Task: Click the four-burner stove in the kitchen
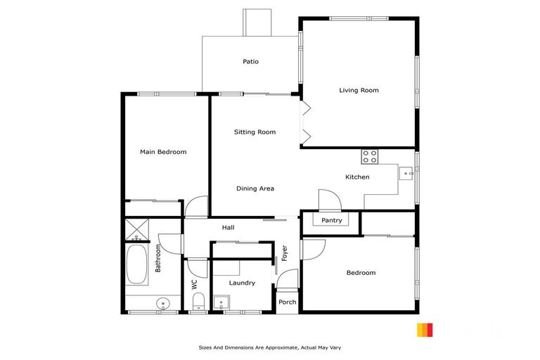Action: (x=369, y=157)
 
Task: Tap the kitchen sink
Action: (x=406, y=174)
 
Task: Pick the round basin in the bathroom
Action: (x=163, y=304)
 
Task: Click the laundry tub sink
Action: (x=223, y=304)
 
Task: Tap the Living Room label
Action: (x=359, y=90)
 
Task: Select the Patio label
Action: (x=250, y=62)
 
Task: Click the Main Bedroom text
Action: (x=163, y=151)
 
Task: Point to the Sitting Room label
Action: (x=255, y=131)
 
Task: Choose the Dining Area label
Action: (x=255, y=188)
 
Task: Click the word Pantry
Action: (x=331, y=220)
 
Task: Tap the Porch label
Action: (x=287, y=302)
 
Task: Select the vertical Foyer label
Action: (x=285, y=253)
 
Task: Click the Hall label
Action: (x=228, y=227)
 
